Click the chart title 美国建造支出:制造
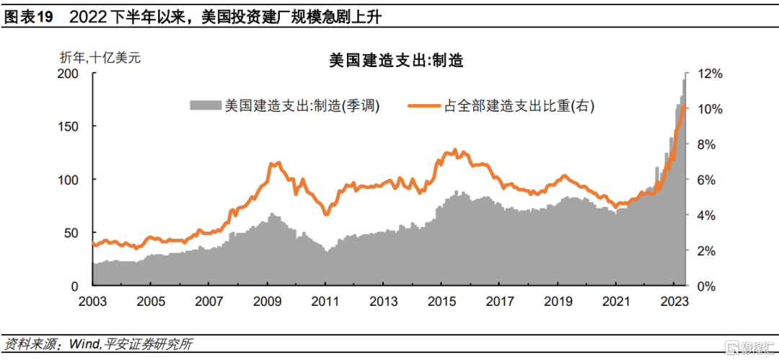(396, 61)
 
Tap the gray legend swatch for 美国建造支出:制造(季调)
(205, 105)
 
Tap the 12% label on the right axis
(708, 74)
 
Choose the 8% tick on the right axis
(705, 145)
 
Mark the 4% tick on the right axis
(705, 215)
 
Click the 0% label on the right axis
(705, 286)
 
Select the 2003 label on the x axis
(93, 302)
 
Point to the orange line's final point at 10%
(685, 108)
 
